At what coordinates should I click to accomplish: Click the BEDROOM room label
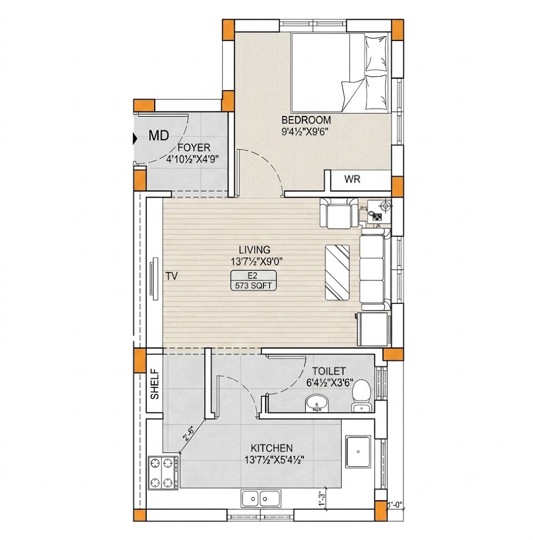point(306,120)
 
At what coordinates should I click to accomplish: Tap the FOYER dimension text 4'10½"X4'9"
point(193,159)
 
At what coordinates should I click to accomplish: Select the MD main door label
point(159,136)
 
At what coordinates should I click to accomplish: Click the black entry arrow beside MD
point(135,139)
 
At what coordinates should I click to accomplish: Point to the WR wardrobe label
point(352,179)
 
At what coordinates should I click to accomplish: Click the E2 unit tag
point(253,275)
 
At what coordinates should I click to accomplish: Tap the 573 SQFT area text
point(253,285)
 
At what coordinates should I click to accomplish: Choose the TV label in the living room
point(172,276)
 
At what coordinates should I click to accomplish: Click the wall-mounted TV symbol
point(154,276)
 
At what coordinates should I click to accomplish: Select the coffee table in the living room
point(337,273)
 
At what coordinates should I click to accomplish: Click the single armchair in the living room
point(339,213)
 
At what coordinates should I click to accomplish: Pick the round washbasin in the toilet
point(316,403)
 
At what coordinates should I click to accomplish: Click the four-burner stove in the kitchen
point(163,472)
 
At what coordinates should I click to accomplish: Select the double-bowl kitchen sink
point(261,498)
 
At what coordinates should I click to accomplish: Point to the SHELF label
point(155,384)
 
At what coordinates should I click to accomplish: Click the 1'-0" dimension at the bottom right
point(395,505)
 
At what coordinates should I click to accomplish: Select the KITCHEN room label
point(271,448)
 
